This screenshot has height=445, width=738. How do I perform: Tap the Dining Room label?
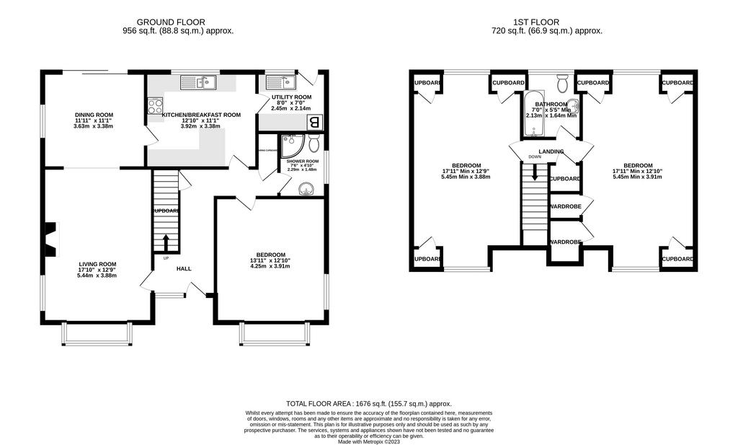[94, 115]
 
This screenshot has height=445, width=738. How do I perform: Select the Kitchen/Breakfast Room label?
[201, 115]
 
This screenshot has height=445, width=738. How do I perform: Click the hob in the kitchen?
[155, 107]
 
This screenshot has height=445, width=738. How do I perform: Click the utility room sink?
[277, 81]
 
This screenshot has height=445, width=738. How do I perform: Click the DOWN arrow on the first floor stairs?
[534, 172]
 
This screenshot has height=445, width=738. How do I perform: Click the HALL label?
[184, 268]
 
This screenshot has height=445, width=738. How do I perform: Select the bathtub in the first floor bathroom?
[534, 114]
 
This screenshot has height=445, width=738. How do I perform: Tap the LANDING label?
[551, 151]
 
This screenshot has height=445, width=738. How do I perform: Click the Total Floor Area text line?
[369, 403]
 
